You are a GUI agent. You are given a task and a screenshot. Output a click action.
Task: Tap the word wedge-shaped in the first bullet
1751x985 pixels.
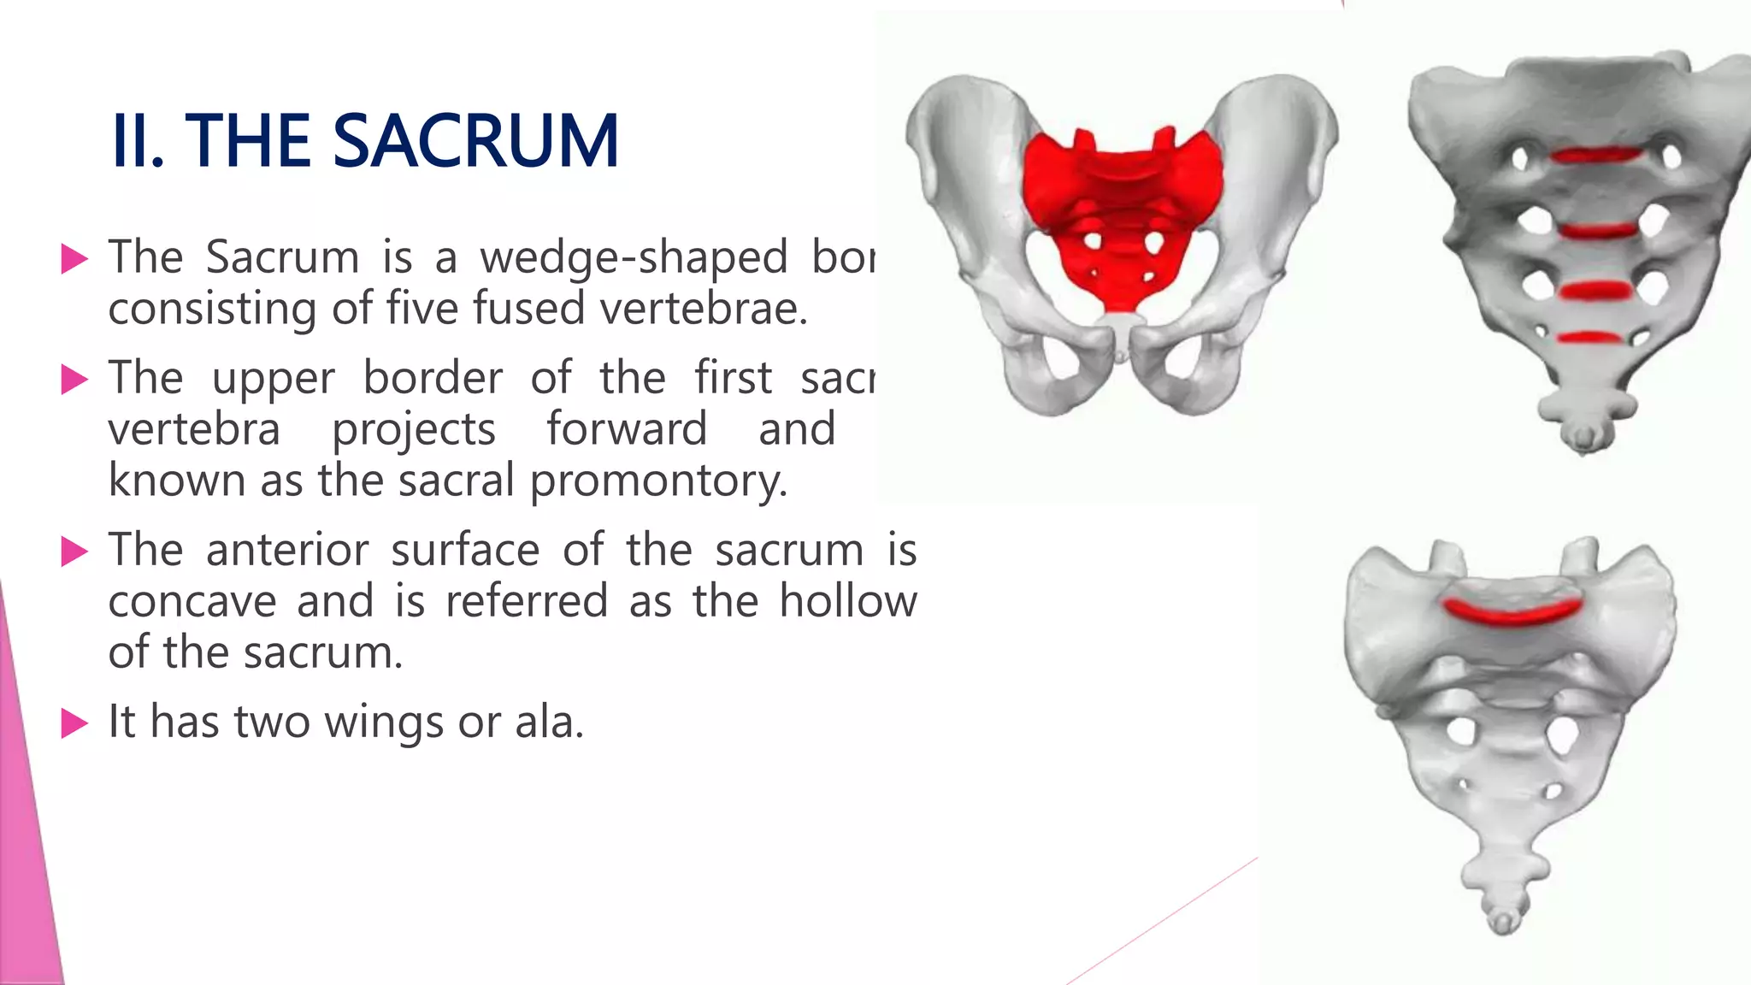[x=633, y=257]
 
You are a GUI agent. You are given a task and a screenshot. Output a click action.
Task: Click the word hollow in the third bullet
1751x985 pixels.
[x=847, y=601]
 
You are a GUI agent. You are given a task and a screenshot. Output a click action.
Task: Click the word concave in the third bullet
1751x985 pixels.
[x=192, y=602]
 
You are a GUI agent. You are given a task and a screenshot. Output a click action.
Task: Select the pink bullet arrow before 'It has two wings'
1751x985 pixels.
[x=75, y=723]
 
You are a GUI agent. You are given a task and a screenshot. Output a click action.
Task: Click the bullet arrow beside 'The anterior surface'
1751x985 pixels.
[x=75, y=551]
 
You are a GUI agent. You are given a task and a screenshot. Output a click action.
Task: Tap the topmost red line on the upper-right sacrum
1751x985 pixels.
[x=1595, y=156]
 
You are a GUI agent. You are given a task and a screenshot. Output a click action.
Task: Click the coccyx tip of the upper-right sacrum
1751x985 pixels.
[x=1584, y=438]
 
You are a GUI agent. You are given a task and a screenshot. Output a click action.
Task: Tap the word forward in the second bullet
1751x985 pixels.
[x=627, y=429]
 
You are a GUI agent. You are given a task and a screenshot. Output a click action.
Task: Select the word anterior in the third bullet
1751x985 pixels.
[x=287, y=550]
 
